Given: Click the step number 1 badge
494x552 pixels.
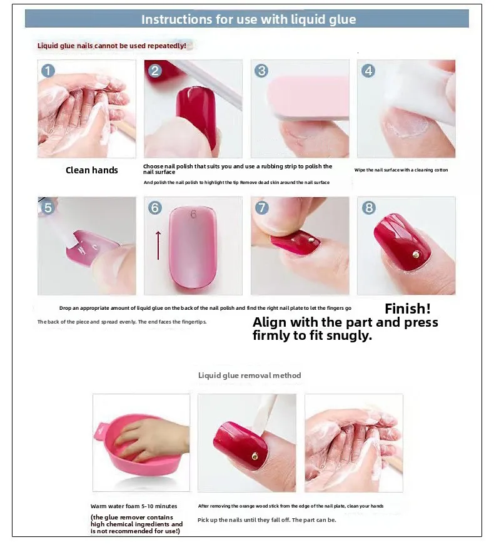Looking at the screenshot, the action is (x=48, y=71).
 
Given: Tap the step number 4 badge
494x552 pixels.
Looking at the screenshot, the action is (x=368, y=71).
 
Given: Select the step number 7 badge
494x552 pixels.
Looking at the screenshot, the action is (x=261, y=208).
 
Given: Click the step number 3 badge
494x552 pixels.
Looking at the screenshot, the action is (x=261, y=71).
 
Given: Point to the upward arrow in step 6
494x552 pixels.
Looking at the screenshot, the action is (x=158, y=245).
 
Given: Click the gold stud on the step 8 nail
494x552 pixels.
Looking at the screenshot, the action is (x=416, y=254).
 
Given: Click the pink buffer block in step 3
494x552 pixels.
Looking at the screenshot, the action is (x=308, y=98).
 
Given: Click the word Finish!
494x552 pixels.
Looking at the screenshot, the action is (x=408, y=309).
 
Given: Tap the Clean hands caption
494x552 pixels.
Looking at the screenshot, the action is (x=92, y=170).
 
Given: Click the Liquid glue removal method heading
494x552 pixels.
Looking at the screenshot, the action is (x=250, y=376).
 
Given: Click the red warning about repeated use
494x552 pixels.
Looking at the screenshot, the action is (x=111, y=46).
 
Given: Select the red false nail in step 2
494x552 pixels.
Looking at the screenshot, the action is (x=196, y=118).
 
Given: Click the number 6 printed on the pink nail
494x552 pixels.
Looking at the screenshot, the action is (x=193, y=214).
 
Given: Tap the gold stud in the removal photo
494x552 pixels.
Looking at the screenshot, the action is (x=255, y=457).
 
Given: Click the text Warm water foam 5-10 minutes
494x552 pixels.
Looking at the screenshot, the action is (x=134, y=506).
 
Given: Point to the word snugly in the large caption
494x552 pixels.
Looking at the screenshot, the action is (x=349, y=335).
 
